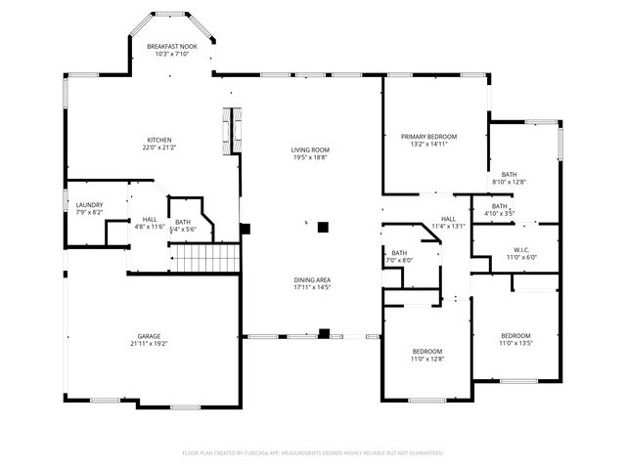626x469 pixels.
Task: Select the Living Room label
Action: [308, 149]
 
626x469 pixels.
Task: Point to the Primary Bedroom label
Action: [428, 136]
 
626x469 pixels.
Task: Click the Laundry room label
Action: [89, 205]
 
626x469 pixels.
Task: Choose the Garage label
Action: [149, 336]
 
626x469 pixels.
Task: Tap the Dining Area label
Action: [312, 280]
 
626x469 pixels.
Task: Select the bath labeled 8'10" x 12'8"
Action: [509, 174]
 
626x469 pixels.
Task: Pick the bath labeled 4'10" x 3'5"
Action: [500, 206]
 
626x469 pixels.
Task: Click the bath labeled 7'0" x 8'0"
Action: [399, 253]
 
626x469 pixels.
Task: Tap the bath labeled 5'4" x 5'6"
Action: [183, 222]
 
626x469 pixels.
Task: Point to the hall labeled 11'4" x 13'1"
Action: [448, 219]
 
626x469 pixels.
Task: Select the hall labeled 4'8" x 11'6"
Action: [150, 219]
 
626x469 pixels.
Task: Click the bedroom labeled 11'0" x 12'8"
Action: [426, 351]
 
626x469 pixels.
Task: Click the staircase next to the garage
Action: [206, 259]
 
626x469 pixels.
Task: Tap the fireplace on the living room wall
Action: [232, 130]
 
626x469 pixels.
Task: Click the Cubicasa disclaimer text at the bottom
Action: [313, 452]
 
